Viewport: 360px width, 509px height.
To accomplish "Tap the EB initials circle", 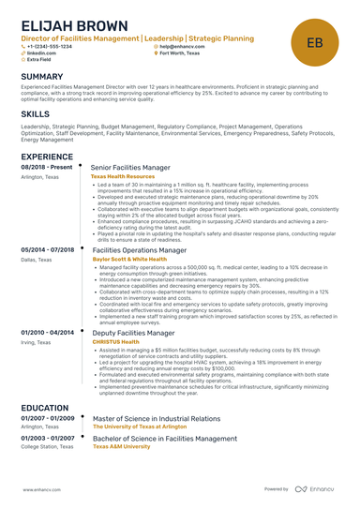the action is coord(314,42).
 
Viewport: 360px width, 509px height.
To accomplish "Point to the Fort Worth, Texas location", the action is coord(184,53).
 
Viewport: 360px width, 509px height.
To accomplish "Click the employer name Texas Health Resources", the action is coord(123,175).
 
